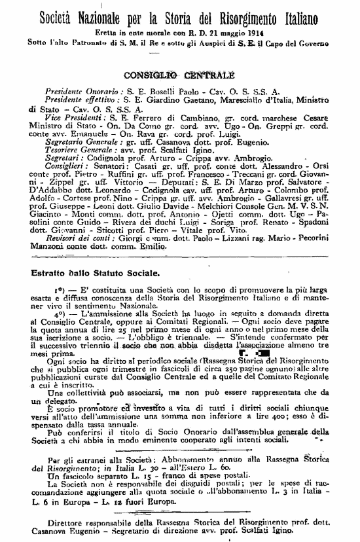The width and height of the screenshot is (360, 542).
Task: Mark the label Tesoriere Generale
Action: pyautogui.click(x=74, y=149)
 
